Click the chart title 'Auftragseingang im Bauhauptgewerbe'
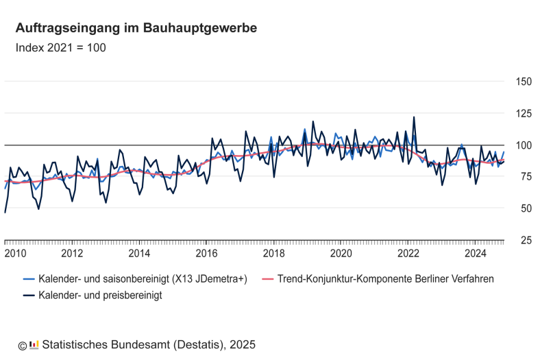click(136, 28)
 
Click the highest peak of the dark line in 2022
click(413, 117)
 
